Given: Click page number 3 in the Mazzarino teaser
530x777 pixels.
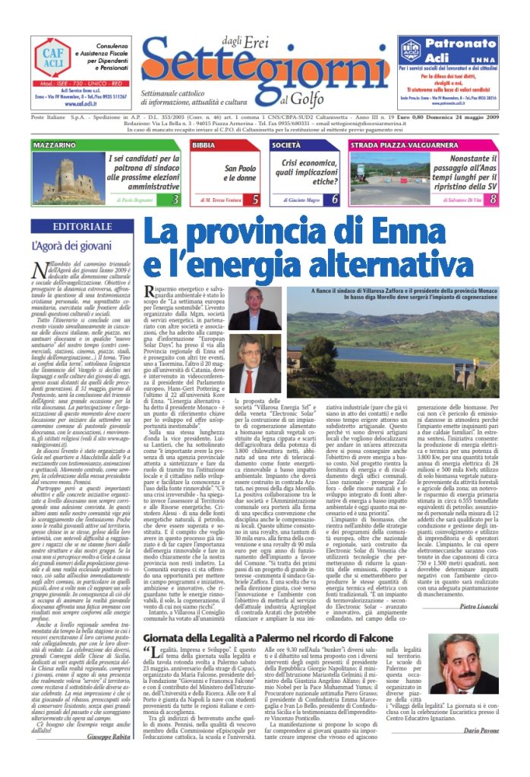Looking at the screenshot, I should point(175,200).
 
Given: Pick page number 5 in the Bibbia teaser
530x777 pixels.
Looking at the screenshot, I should point(255,200).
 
